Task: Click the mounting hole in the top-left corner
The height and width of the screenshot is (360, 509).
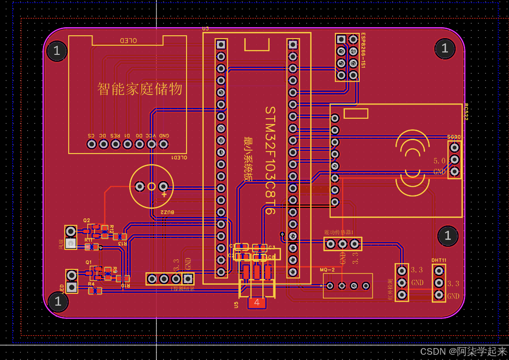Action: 57,51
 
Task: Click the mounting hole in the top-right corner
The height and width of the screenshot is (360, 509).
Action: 445,48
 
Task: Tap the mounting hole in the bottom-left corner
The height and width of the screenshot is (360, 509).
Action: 58,301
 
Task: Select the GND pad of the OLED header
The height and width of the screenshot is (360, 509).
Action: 164,144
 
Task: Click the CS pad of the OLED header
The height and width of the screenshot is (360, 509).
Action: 92,144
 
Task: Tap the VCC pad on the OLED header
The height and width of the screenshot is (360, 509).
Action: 151,144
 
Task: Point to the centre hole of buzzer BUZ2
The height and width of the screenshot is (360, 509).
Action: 152,186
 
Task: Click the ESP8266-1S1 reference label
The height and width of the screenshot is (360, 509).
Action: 363,51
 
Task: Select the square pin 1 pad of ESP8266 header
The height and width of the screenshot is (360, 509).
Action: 341,39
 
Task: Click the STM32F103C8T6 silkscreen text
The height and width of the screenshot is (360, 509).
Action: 270,160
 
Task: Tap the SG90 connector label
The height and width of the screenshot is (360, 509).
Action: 454,137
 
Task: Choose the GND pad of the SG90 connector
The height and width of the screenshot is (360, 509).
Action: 455,171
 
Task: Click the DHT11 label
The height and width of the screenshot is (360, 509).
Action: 439,260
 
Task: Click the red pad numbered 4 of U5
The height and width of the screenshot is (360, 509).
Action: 257,302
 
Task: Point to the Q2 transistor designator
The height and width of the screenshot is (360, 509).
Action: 86,220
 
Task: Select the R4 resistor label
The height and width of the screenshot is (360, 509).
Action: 91,284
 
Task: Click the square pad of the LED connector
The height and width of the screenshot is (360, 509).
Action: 72,287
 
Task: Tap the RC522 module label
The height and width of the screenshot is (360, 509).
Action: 466,112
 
